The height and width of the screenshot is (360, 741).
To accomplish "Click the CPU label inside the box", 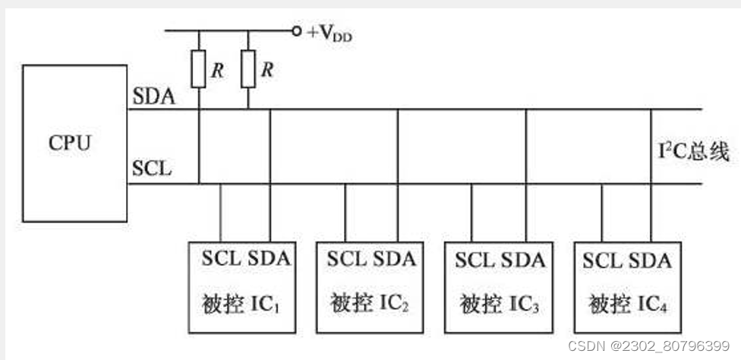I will tap(70, 143).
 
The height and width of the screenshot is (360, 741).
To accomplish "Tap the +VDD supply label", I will tap(329, 33).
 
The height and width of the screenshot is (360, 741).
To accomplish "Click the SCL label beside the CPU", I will tap(152, 168).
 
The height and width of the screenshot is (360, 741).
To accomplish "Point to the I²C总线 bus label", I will tap(693, 153).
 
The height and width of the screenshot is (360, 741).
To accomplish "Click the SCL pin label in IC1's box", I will tap(222, 259).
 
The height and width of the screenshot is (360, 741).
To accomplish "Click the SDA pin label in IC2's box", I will tap(394, 260).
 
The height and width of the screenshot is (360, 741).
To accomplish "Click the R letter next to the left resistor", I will tap(217, 71).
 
